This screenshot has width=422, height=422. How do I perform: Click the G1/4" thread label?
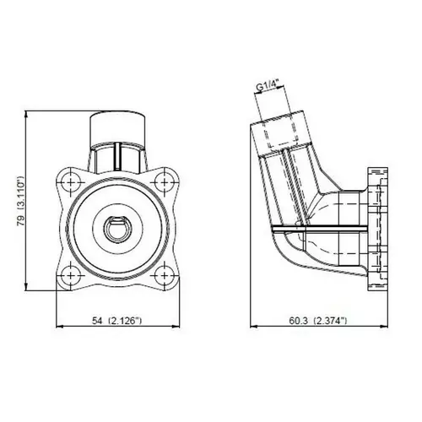point(267,87)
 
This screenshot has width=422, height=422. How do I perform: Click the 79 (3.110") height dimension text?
point(21,201)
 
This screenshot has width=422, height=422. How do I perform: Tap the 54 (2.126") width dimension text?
point(116,321)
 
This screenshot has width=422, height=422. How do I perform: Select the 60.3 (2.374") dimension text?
point(318,321)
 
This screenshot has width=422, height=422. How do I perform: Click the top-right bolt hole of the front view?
point(165,182)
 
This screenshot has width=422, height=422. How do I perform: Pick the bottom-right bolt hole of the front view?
point(165,275)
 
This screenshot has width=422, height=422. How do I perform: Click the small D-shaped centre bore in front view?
point(117,229)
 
